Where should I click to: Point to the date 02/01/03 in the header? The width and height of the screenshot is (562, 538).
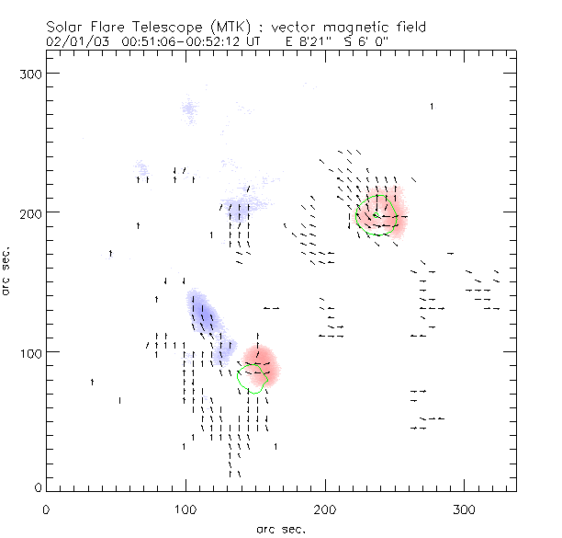73,41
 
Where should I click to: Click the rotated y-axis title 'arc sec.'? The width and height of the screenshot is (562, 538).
6,270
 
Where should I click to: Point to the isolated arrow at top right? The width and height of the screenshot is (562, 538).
432,107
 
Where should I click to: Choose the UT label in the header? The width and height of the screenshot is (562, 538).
261,41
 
